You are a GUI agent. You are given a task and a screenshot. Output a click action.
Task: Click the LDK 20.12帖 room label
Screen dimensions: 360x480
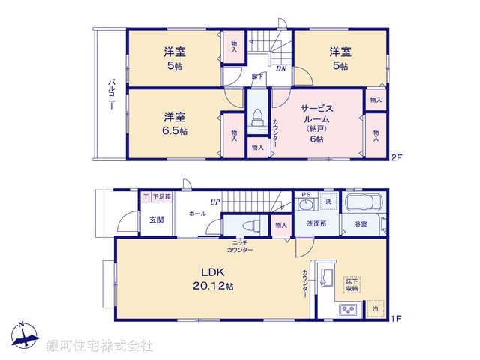(x=214, y=278)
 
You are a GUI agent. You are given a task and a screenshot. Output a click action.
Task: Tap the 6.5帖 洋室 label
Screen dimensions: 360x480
(x=176, y=124)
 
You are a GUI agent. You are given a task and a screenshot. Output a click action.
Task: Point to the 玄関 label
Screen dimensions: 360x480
(x=155, y=220)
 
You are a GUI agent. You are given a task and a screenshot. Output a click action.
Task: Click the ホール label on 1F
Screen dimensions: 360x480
(x=197, y=213)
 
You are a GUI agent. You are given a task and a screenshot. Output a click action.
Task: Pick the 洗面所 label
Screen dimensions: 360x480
(x=315, y=224)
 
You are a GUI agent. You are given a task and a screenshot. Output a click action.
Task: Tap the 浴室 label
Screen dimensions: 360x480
(x=360, y=224)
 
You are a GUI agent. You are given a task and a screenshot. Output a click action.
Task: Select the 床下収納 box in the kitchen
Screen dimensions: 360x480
(x=352, y=283)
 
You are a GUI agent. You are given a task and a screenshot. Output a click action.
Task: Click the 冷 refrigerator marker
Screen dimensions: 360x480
(x=375, y=308)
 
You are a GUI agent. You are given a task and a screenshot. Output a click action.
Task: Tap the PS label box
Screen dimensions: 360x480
(x=305, y=195)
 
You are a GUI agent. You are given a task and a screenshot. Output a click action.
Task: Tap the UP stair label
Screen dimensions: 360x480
(x=215, y=202)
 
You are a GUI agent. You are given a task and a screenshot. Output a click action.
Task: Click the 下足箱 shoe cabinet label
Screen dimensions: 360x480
(x=161, y=196)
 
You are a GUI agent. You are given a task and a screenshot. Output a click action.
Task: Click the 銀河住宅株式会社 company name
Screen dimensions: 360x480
(x=100, y=346)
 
